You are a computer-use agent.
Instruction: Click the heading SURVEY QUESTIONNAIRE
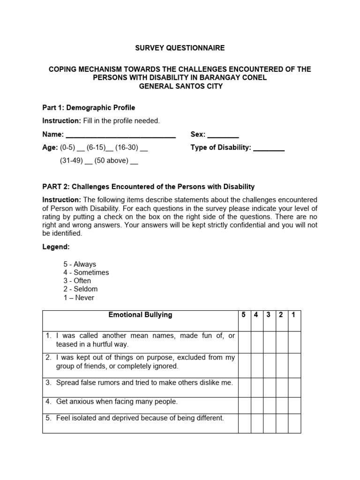click(x=180, y=48)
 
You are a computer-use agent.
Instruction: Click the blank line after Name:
click(x=120, y=135)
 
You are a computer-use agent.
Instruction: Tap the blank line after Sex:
click(x=223, y=135)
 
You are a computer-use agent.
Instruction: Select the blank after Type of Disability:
click(x=269, y=148)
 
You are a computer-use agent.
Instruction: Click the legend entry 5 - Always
click(x=80, y=264)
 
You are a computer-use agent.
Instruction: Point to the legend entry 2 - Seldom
click(x=81, y=289)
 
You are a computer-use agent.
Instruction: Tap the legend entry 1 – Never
click(x=79, y=298)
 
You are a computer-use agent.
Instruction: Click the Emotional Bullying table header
click(x=140, y=315)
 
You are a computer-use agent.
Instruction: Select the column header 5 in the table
click(x=244, y=315)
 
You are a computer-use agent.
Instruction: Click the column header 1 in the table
click(x=293, y=315)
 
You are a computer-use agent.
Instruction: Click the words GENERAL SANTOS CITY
click(x=180, y=86)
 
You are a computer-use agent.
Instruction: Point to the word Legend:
click(x=56, y=247)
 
